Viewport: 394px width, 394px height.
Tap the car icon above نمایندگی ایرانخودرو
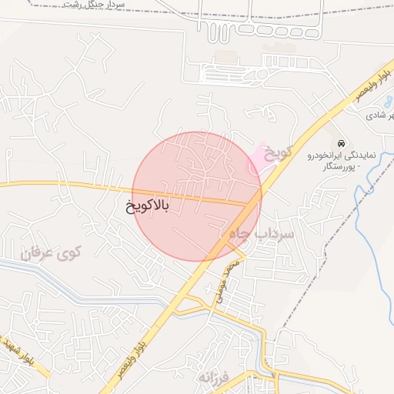pos(340,142)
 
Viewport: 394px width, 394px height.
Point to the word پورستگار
pos(336,166)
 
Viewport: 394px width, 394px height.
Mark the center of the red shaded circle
pos(197,196)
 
